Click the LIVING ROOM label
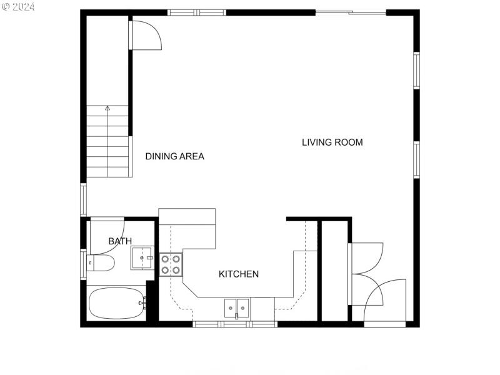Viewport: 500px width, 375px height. click(332, 142)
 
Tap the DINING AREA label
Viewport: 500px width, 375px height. click(174, 156)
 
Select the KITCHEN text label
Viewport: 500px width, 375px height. click(238, 274)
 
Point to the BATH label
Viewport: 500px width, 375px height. click(120, 241)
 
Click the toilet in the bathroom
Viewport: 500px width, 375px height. click(101, 263)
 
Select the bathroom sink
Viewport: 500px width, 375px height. click(142, 257)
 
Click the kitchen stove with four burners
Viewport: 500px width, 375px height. click(171, 264)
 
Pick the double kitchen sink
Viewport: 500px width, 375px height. click(237, 307)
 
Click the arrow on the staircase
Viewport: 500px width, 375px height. click(107, 109)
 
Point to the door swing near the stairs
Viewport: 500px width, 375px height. click(146, 35)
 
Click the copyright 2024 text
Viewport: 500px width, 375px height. click(19, 7)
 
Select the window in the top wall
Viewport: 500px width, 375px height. click(197, 12)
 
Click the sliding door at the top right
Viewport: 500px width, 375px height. click(351, 12)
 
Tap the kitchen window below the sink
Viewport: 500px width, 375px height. click(234, 324)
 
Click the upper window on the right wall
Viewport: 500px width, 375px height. click(416, 70)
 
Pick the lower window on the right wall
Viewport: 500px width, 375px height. click(416, 161)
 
